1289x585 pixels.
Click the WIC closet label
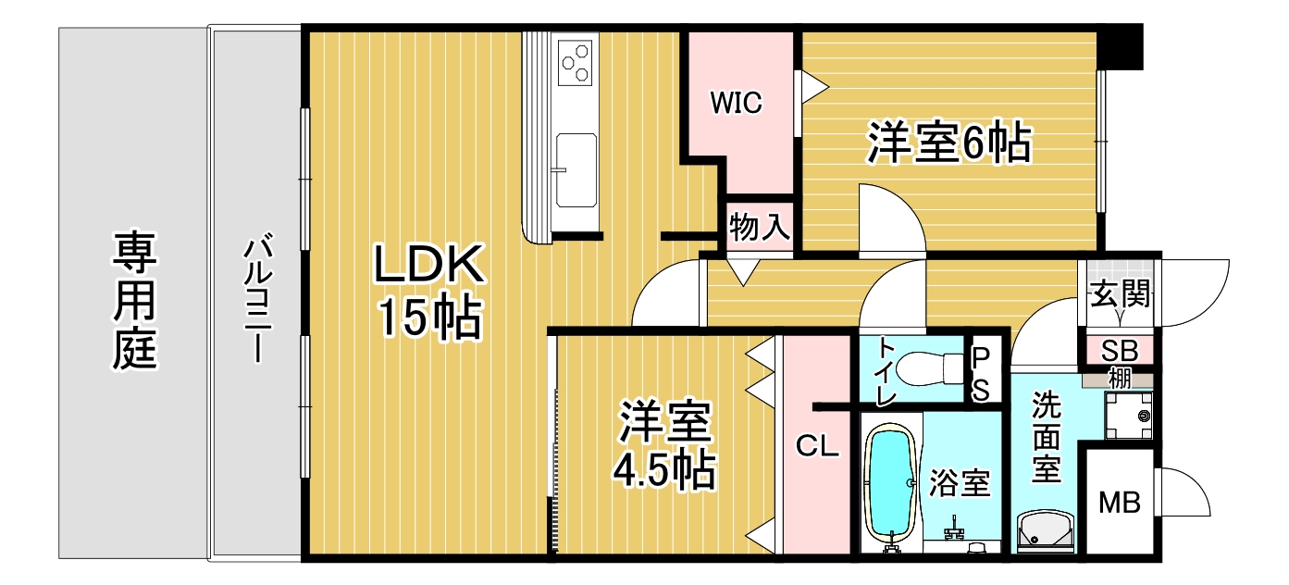click(737, 103)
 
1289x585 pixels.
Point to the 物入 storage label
click(760, 226)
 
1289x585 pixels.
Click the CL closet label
click(817, 446)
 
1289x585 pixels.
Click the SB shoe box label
click(1120, 351)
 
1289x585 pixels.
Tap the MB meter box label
click(1119, 503)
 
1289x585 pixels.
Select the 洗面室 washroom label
click(1046, 437)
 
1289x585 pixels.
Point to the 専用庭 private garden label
click(135, 300)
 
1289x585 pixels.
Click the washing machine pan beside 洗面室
click(1128, 417)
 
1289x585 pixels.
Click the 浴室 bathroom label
click(960, 483)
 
